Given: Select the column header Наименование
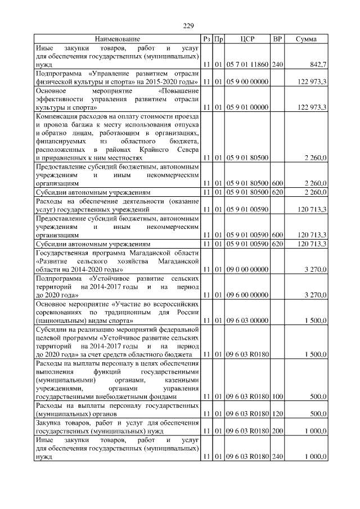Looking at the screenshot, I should coord(117,39).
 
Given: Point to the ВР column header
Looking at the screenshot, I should coord(277,39).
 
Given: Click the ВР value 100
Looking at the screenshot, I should coord(277,397).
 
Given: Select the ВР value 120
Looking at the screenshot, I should coord(277,415).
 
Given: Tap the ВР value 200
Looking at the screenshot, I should coord(277,431).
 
